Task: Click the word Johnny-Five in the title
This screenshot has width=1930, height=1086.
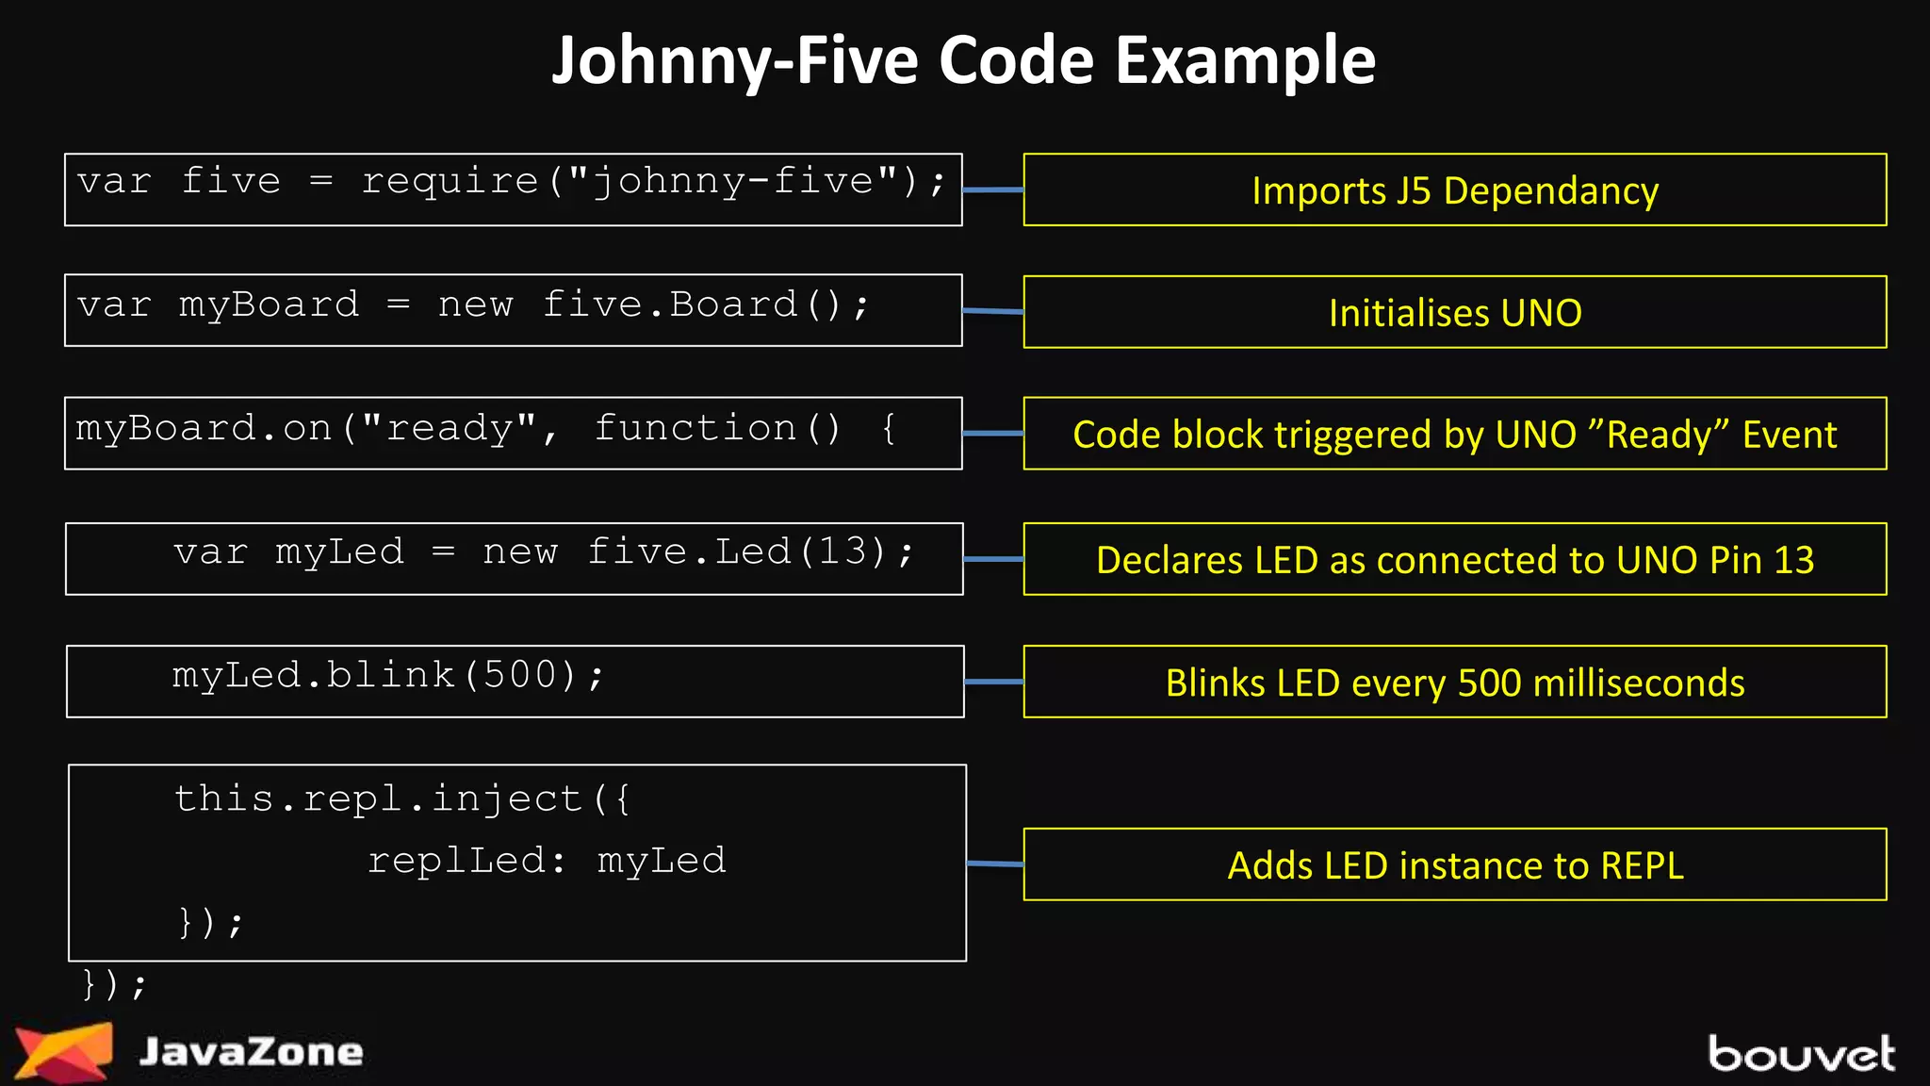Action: click(x=734, y=60)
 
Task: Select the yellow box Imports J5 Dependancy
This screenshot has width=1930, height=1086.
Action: click(x=1454, y=190)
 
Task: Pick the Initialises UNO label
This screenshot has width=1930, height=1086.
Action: click(x=1454, y=313)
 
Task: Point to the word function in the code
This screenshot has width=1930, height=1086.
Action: click(x=695, y=429)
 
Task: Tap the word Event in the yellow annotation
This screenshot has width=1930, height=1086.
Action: click(x=1789, y=435)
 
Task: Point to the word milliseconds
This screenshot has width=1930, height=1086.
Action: click(x=1639, y=683)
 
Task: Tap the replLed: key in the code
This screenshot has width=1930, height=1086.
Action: click(x=466, y=861)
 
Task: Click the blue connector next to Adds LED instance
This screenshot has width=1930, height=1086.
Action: click(x=995, y=864)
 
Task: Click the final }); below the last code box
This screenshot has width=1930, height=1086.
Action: click(x=114, y=985)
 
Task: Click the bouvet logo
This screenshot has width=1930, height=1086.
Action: click(x=1800, y=1054)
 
